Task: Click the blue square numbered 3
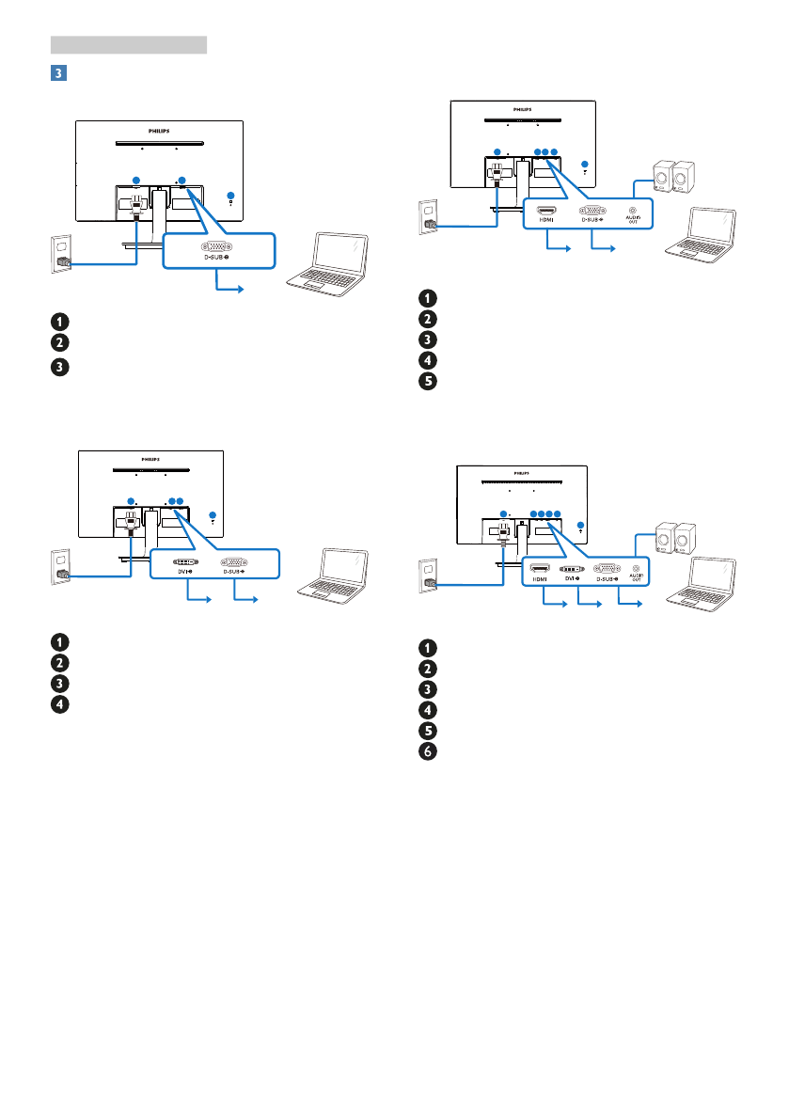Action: pyautogui.click(x=58, y=71)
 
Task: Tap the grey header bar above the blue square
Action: pyautogui.click(x=129, y=43)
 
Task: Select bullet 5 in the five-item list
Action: pyautogui.click(x=428, y=384)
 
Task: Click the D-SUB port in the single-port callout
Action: pyautogui.click(x=219, y=242)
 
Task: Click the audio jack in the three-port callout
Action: pyautogui.click(x=632, y=212)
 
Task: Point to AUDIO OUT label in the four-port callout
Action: pyautogui.click(x=637, y=579)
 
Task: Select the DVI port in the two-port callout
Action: pyautogui.click(x=184, y=560)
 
